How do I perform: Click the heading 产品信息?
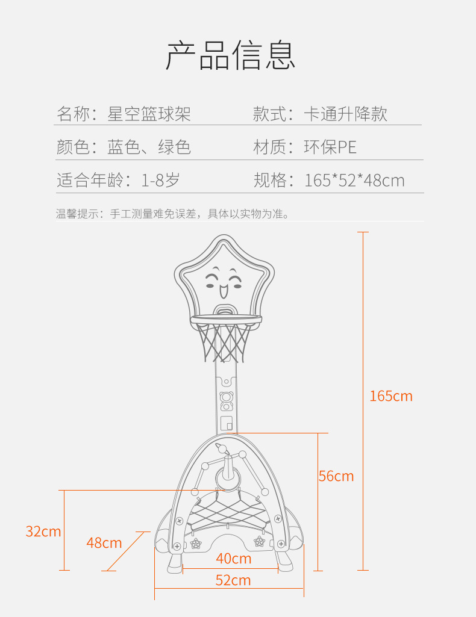230,55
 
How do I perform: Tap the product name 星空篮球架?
149,114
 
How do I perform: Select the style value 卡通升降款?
345,114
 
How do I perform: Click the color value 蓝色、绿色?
149,147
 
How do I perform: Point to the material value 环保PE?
330,147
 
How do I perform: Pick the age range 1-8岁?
160,180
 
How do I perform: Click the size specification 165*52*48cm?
354,180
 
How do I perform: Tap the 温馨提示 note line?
172,214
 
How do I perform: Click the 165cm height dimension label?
391,396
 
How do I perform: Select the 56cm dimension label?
336,476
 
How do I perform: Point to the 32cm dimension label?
43,531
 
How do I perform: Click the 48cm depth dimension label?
104,543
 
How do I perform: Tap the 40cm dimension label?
233,559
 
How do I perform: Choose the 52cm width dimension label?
233,580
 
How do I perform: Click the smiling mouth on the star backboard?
223,291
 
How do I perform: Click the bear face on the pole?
227,397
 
